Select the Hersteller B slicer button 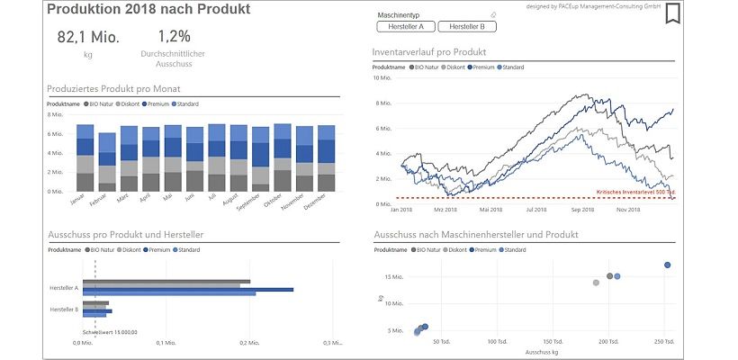click(468, 27)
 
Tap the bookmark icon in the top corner click(671, 13)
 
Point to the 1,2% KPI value click(174, 37)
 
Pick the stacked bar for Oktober click(283, 157)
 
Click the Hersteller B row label click(64, 309)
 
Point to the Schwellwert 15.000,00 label click(110, 332)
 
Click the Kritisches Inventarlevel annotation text click(635, 192)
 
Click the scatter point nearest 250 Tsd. click(667, 265)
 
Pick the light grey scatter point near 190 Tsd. click(596, 283)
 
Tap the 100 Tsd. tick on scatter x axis click(498, 342)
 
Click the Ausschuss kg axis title click(543, 353)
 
